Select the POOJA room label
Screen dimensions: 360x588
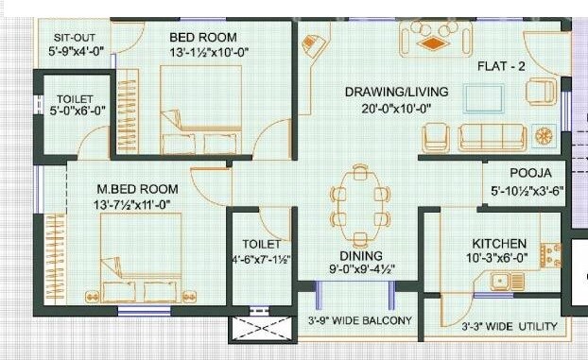click(x=524, y=174)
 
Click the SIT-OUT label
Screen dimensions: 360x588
click(x=72, y=37)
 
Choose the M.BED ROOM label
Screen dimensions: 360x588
click(x=123, y=188)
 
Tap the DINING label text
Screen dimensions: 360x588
click(x=360, y=256)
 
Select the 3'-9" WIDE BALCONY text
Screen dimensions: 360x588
click(x=359, y=320)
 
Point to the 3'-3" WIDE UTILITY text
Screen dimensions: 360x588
click(x=510, y=327)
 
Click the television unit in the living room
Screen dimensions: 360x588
click(x=484, y=98)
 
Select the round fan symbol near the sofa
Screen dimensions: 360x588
click(x=544, y=135)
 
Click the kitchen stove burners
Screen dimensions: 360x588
click(x=546, y=253)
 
